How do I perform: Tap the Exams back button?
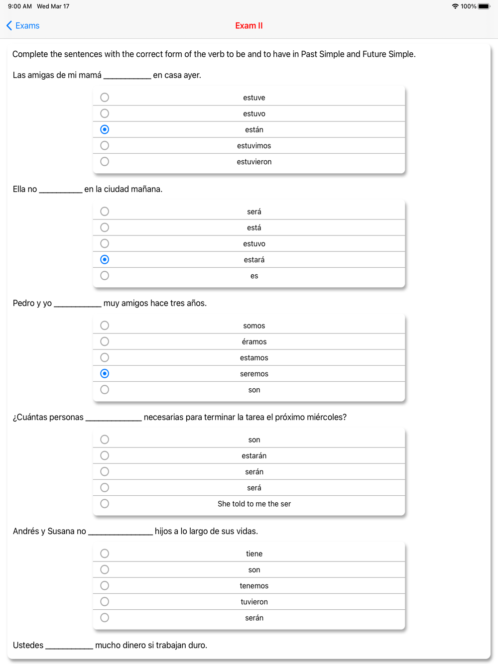tap(23, 26)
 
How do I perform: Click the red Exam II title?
tap(249, 26)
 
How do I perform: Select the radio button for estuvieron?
tap(105, 162)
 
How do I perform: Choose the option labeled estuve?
tap(254, 98)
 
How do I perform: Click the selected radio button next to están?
tap(105, 129)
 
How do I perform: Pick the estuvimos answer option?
tap(254, 146)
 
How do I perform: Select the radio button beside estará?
tap(105, 260)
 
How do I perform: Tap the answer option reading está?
tap(254, 228)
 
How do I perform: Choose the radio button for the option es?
tap(105, 276)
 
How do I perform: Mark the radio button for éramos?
tap(105, 341)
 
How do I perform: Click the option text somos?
tap(254, 326)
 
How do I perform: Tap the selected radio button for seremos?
tap(105, 374)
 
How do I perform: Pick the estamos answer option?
tap(254, 358)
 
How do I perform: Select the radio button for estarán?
tap(105, 455)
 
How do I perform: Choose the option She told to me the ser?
tap(254, 504)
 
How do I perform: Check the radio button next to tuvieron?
tap(105, 602)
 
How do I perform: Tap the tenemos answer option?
tap(254, 586)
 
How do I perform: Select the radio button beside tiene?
tap(105, 553)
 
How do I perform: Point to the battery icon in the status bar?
tap(484, 6)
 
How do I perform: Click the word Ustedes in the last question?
tap(28, 645)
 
